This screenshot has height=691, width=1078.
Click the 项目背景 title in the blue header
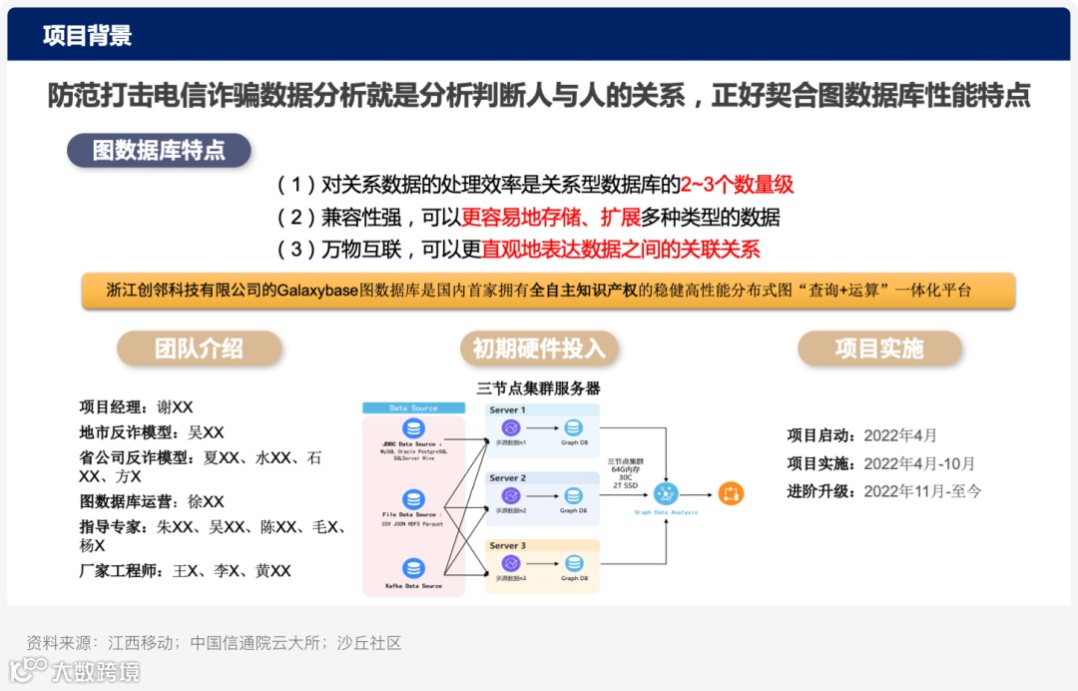coord(87,37)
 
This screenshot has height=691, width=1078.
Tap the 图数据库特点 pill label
coord(159,151)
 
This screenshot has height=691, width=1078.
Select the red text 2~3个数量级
coord(737,185)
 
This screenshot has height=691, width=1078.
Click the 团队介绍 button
coord(199,347)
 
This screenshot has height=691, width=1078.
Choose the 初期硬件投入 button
coord(539,347)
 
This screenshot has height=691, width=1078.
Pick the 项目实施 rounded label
coord(879,347)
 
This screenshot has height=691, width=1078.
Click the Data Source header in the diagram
coord(413,408)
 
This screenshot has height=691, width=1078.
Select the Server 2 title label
coord(508,478)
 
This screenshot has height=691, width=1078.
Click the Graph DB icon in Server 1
coord(573,427)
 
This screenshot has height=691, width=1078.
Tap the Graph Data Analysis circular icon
coord(667,492)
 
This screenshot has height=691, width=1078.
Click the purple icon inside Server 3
coord(511,563)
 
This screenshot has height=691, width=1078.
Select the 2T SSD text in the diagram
coord(626,484)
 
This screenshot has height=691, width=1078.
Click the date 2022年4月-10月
coord(918,463)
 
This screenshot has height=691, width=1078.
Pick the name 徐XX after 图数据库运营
coord(206,501)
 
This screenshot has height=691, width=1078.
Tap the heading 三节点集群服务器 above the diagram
coord(539,388)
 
